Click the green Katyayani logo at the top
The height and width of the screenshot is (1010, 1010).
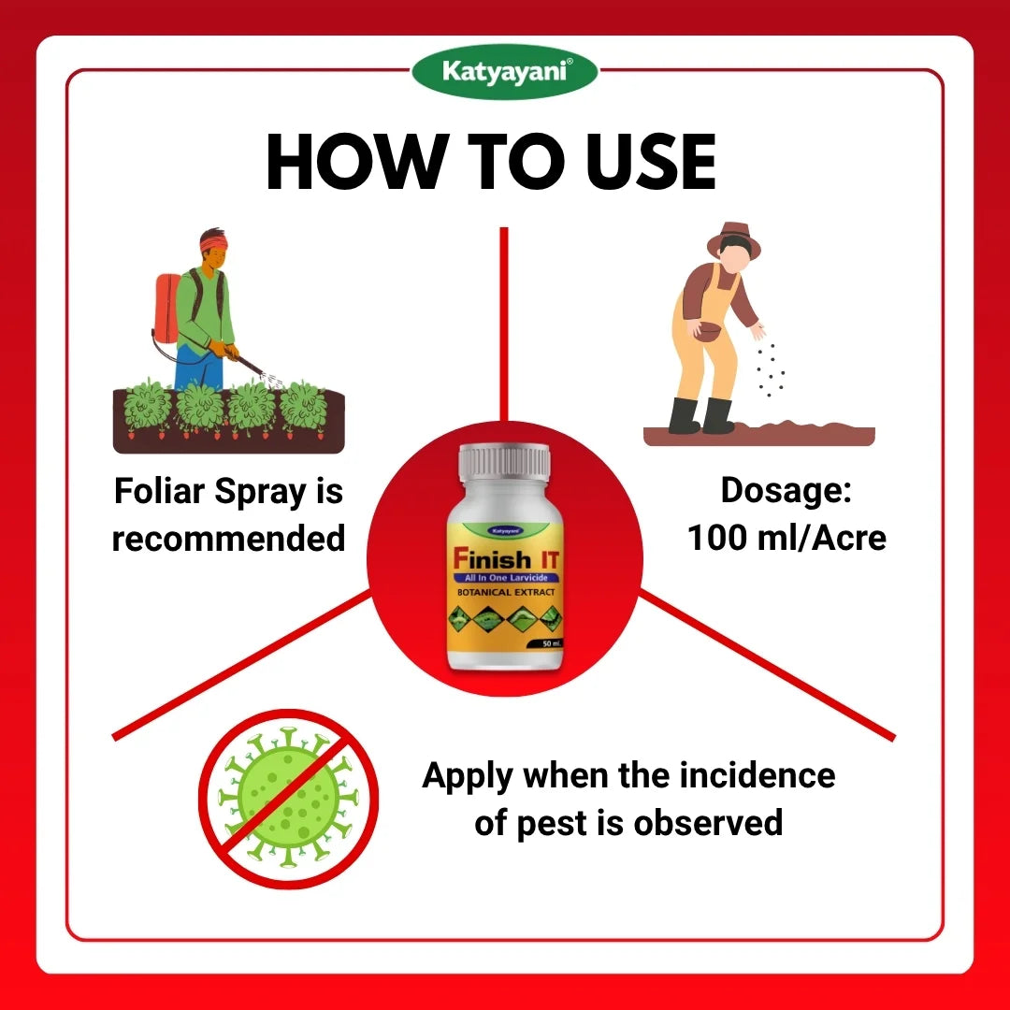click(x=505, y=72)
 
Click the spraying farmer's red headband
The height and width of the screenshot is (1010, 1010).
click(x=213, y=243)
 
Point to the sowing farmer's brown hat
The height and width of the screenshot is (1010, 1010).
click(x=734, y=239)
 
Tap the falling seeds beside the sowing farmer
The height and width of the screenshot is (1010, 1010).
click(x=770, y=370)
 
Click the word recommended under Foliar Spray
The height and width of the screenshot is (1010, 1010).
click(x=228, y=539)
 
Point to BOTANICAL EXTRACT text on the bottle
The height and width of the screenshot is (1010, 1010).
click(x=505, y=593)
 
